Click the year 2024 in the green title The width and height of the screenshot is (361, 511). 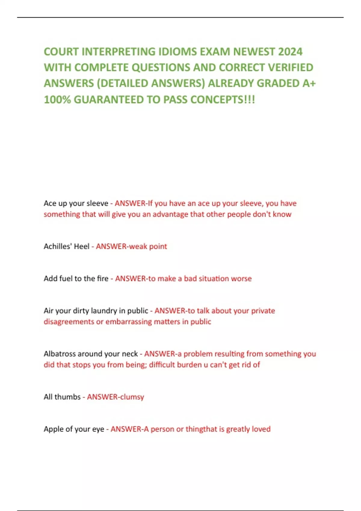(290, 52)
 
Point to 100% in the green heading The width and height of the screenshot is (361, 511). (57, 99)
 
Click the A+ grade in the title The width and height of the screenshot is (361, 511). (309, 83)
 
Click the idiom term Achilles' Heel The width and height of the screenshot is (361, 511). (66, 246)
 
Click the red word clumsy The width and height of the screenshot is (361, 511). (132, 397)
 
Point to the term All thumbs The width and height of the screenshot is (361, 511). (62, 397)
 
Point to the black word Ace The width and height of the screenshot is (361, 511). (50, 203)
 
